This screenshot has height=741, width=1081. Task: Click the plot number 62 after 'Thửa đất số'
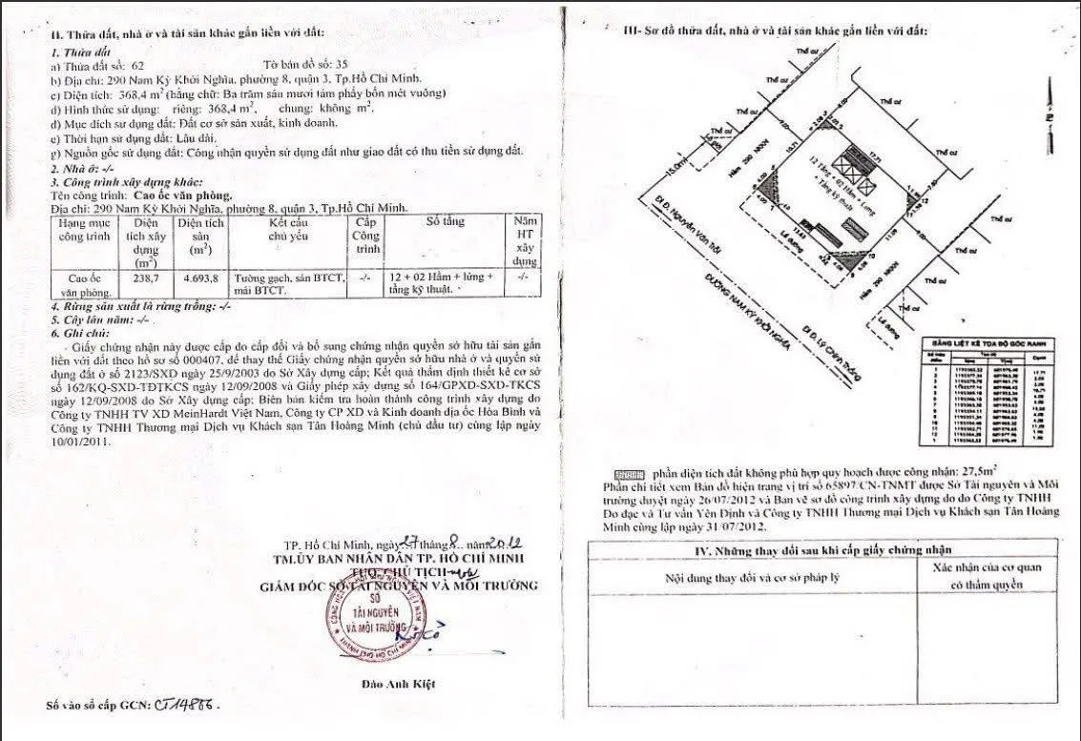138,66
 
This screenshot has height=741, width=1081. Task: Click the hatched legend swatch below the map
630,473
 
